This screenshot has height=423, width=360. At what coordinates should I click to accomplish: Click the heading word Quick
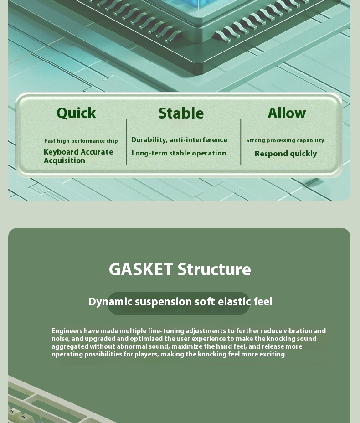(x=76, y=113)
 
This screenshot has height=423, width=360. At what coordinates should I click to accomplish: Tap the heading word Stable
(x=181, y=113)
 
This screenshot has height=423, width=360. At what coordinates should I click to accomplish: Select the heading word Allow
(x=287, y=113)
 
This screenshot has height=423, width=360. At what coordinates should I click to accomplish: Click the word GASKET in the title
(x=141, y=269)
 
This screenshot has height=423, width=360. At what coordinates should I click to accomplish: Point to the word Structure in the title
(x=214, y=269)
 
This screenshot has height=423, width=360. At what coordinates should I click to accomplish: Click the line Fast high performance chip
(x=81, y=141)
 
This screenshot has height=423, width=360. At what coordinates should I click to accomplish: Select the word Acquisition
(x=64, y=160)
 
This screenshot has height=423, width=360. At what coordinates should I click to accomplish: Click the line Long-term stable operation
(x=179, y=153)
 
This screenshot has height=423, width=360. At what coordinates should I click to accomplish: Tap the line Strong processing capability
(x=285, y=140)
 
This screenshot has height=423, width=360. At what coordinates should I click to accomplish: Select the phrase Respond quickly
(x=286, y=154)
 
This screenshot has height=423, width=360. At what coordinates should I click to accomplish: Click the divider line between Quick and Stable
(x=127, y=142)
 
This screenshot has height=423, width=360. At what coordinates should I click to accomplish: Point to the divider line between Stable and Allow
(x=241, y=142)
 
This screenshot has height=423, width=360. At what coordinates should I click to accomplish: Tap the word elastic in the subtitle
(x=234, y=302)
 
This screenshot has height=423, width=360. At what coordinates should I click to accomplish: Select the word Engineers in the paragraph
(x=67, y=331)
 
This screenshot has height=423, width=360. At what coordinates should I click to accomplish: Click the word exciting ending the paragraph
(x=272, y=354)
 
